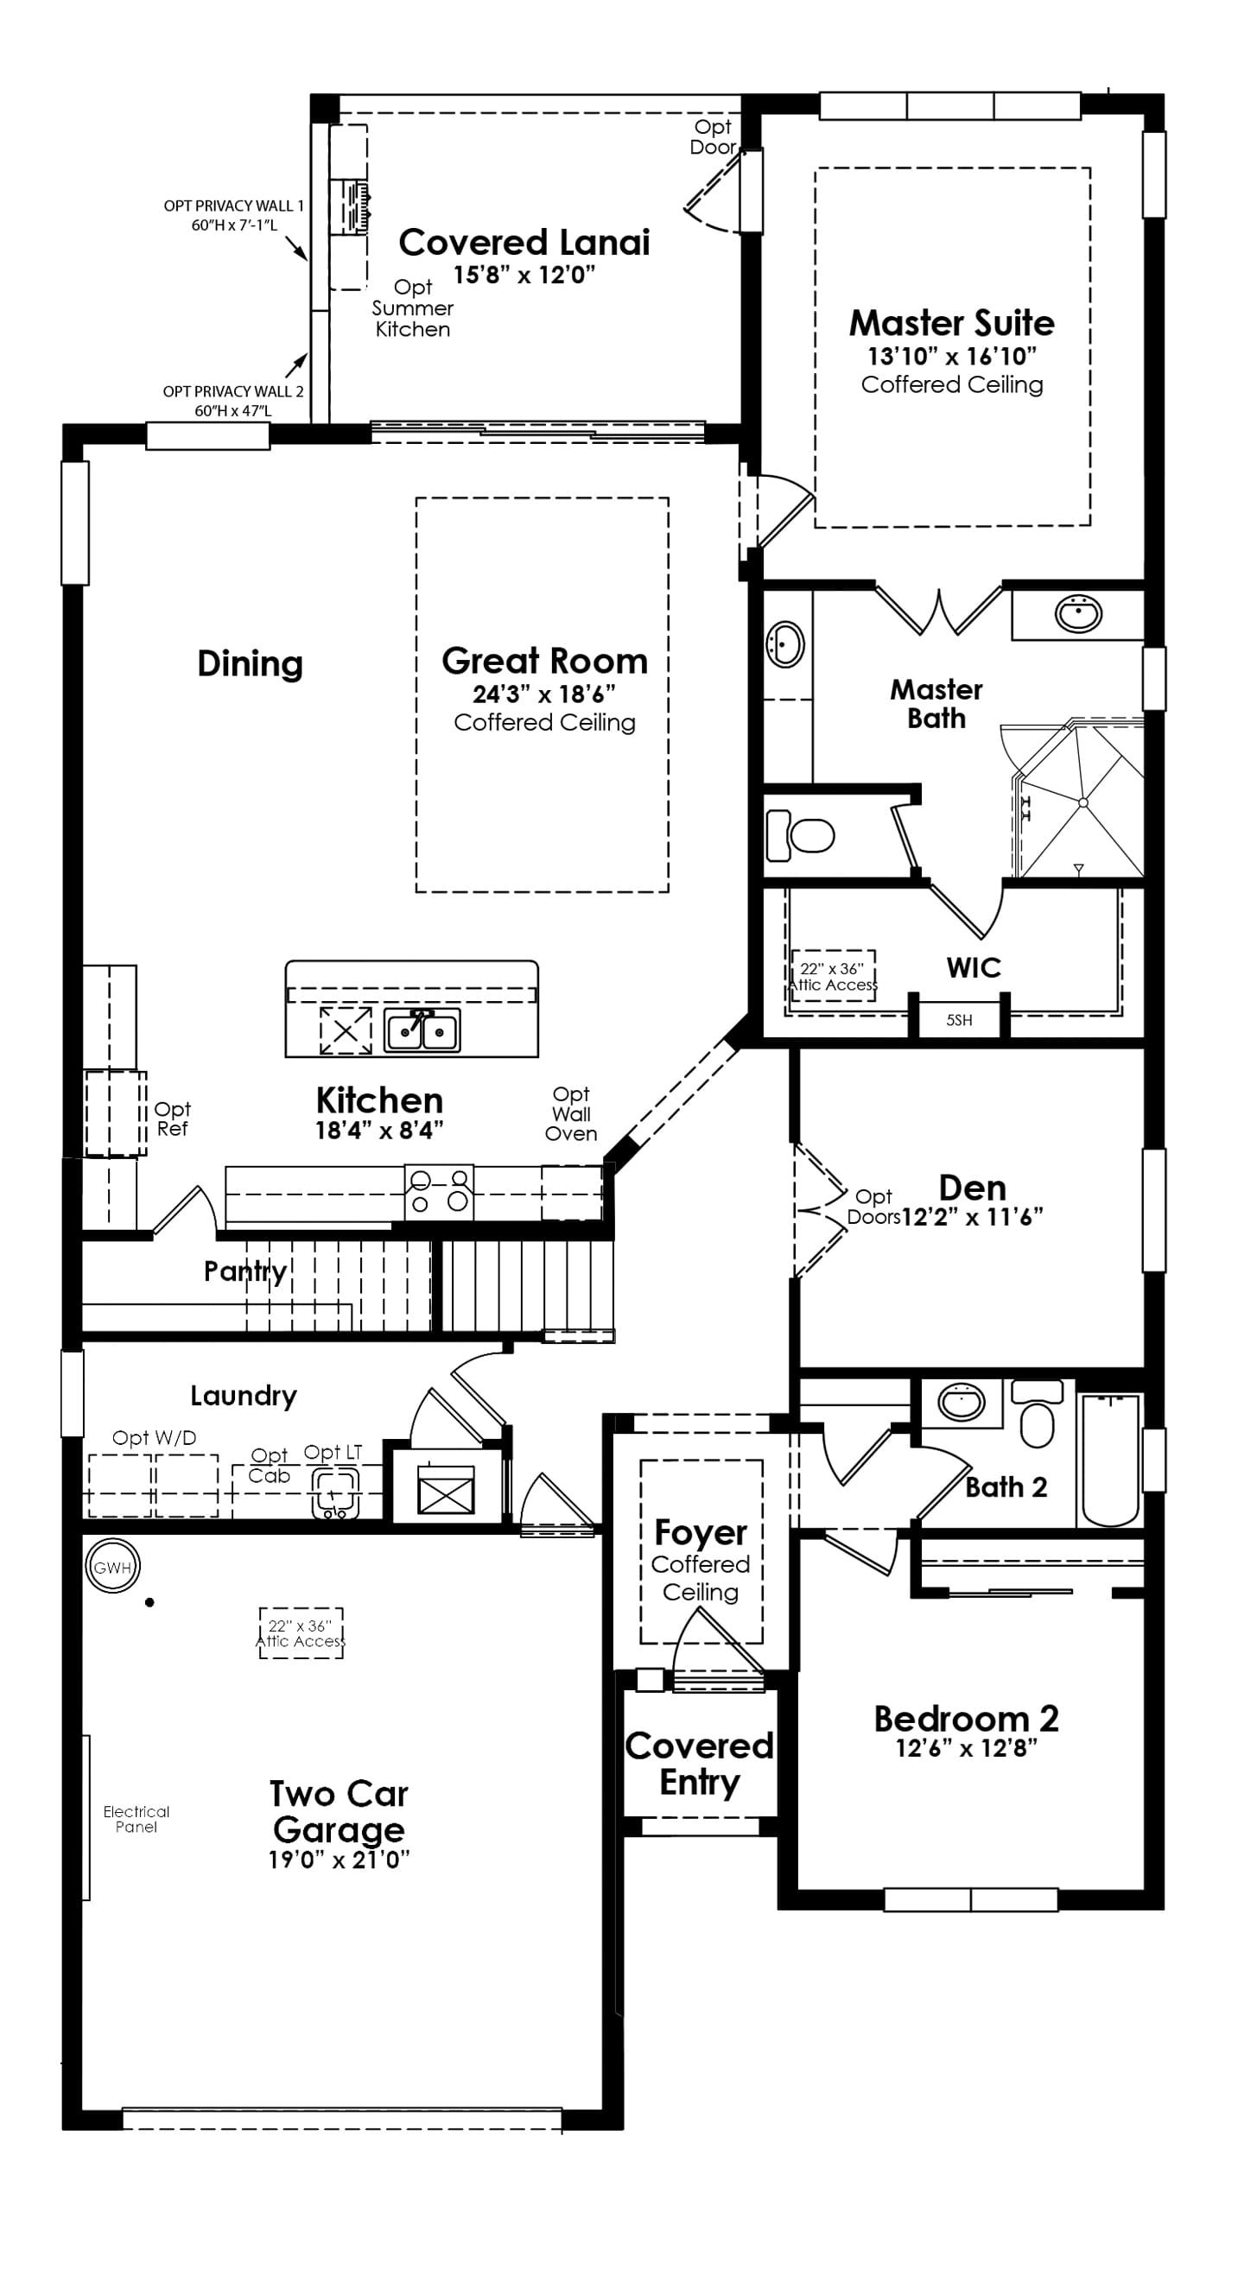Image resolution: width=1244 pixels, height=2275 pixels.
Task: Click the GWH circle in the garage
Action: (x=112, y=1568)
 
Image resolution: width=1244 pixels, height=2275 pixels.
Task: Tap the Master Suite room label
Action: (x=951, y=323)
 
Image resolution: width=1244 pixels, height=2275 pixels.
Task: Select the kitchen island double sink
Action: (x=422, y=1030)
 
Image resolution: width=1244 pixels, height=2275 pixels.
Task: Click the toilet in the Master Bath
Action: (x=801, y=834)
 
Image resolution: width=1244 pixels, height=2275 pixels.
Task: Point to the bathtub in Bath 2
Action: (x=1110, y=1459)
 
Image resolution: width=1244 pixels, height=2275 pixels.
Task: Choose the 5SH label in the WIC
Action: (x=959, y=1020)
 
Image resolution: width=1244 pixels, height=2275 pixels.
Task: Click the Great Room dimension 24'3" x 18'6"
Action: (x=543, y=694)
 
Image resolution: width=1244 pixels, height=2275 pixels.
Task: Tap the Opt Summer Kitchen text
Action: (x=412, y=308)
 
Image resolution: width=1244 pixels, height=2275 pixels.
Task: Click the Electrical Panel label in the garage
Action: (x=136, y=1818)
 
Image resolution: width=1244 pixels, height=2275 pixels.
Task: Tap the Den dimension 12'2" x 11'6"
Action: (x=972, y=1217)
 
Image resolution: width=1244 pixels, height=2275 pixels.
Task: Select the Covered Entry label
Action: (x=699, y=1763)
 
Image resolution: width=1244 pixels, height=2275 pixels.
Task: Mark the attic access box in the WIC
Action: (x=832, y=976)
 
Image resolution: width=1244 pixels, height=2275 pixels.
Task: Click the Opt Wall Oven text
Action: (x=571, y=1113)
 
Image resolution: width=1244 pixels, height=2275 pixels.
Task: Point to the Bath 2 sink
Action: (x=961, y=1403)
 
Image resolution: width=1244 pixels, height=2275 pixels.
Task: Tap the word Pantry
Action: (x=244, y=1271)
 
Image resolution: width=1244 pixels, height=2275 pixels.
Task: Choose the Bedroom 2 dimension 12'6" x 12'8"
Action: (x=966, y=1749)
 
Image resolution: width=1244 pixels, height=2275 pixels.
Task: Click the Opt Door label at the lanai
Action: (x=712, y=136)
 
